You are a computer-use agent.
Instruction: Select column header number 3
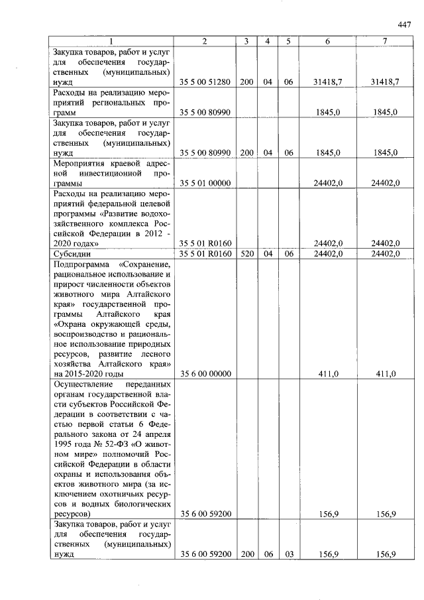246,41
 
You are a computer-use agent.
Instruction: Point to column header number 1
111,41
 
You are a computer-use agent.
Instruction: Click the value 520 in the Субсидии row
246,253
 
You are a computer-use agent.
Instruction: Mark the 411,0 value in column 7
386,374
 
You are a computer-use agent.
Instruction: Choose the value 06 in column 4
268,554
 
